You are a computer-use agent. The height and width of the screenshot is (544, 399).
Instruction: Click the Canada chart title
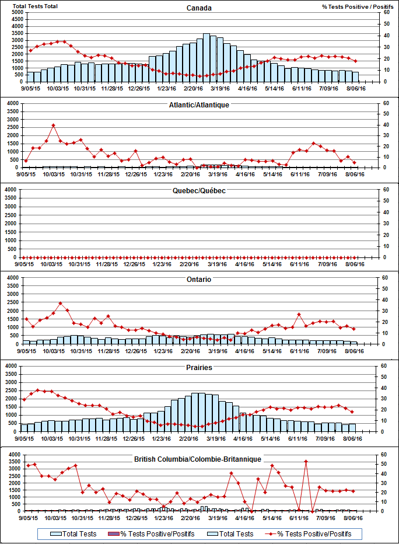(x=199, y=8)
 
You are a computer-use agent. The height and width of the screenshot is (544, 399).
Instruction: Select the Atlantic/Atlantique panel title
(x=199, y=105)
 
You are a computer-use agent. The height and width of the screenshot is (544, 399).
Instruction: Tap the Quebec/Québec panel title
(x=199, y=191)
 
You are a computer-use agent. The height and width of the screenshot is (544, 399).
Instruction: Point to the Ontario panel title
(x=199, y=280)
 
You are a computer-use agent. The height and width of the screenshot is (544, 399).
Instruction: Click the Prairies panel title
(x=199, y=368)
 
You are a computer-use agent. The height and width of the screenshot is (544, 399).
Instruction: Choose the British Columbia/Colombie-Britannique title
(x=199, y=460)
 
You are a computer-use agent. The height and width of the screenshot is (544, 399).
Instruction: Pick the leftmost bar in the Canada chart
(x=30, y=76)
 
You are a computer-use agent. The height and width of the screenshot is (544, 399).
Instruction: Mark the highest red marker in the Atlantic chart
(x=53, y=125)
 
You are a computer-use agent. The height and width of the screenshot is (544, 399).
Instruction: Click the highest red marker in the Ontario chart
(x=60, y=304)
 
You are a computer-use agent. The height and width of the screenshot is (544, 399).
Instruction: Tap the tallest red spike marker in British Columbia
(x=306, y=461)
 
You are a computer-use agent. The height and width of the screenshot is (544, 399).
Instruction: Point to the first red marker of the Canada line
(x=30, y=50)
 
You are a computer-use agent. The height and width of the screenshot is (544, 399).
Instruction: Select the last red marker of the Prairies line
(x=352, y=412)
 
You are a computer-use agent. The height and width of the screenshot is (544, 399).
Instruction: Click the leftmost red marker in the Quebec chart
(x=24, y=257)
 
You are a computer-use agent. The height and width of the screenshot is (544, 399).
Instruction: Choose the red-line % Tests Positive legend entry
(x=314, y=534)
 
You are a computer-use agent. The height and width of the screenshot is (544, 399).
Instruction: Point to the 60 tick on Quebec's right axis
(x=386, y=190)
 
